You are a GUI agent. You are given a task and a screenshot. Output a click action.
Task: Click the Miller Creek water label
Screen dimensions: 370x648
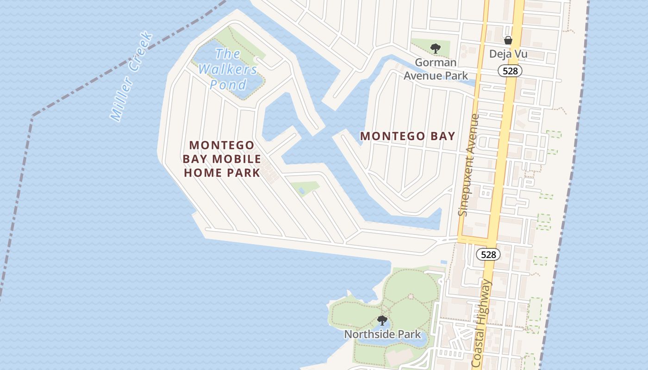point(131,77)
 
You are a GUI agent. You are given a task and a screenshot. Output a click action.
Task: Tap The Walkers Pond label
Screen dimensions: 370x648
point(228,69)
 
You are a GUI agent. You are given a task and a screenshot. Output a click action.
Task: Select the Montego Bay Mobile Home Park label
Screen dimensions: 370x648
point(222,159)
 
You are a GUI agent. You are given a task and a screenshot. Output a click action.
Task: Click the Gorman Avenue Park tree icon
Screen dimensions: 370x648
point(435,48)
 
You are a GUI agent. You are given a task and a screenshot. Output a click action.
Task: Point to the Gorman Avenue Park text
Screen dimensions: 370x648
point(436,69)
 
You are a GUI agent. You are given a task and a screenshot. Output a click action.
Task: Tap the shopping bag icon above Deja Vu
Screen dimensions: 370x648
point(508,40)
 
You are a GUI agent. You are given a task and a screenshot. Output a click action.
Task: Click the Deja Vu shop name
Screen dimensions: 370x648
point(508,54)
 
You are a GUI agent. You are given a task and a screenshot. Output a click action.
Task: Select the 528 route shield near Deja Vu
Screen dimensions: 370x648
point(510,71)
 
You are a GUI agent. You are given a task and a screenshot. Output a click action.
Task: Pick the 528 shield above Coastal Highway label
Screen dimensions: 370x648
point(488,254)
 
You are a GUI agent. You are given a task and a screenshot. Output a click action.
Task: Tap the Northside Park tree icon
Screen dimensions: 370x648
point(382,320)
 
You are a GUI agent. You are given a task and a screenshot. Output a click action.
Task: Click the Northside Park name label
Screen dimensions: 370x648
point(382,334)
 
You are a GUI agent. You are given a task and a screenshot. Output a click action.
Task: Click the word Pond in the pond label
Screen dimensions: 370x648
point(228,85)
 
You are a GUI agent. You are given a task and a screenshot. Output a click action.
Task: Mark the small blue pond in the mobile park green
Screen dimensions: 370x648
point(301,190)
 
